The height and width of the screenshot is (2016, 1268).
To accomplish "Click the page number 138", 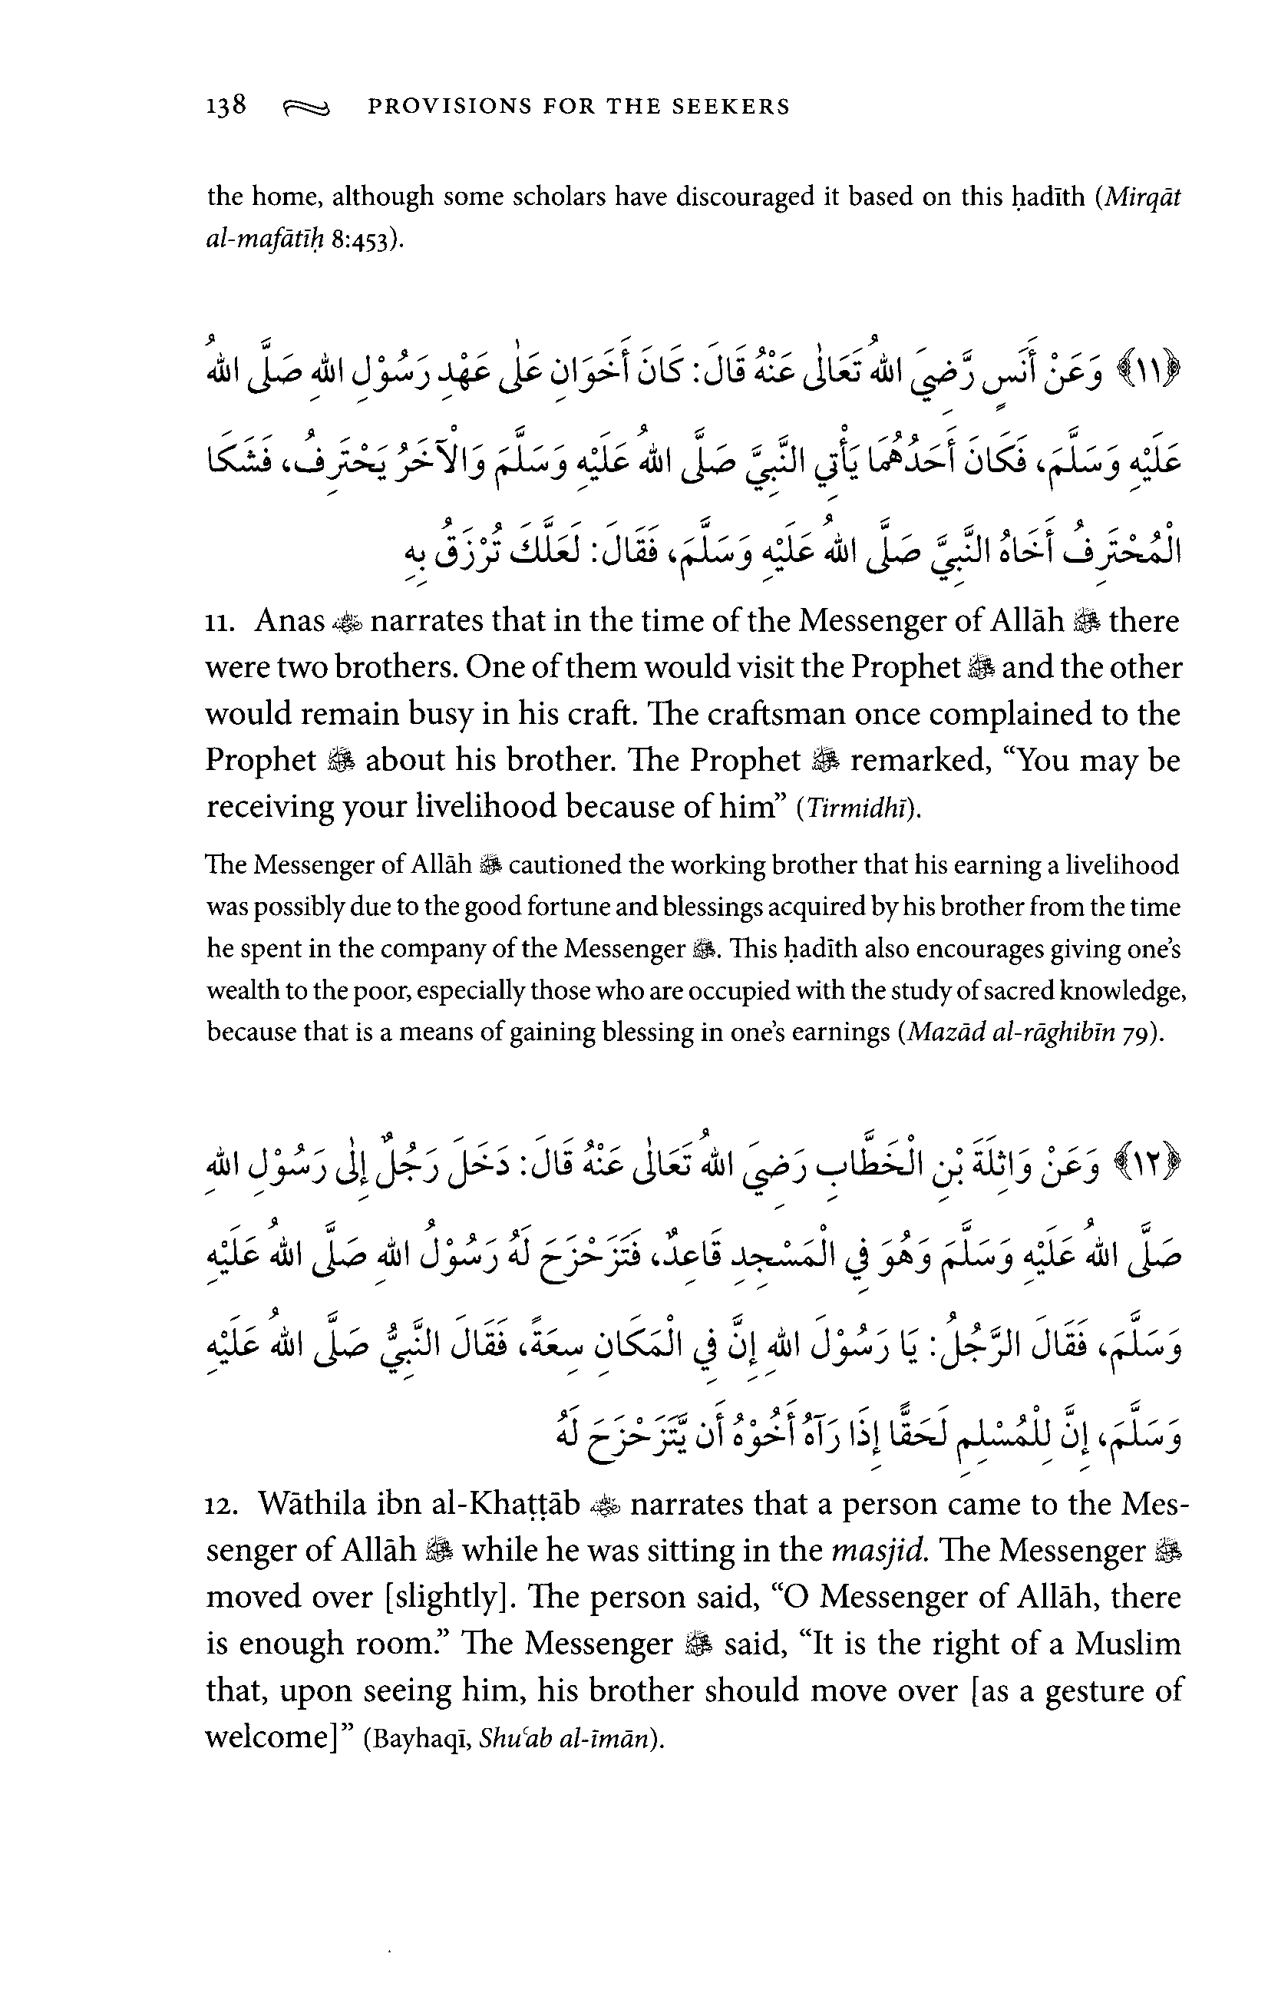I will [226, 105].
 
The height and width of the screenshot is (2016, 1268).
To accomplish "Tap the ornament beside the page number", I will [307, 108].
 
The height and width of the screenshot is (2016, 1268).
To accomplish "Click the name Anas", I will [289, 621].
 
